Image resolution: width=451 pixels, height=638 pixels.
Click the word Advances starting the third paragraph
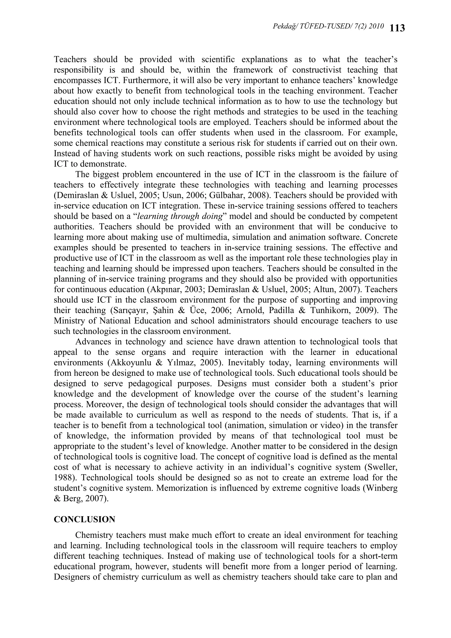tap(94, 342)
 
